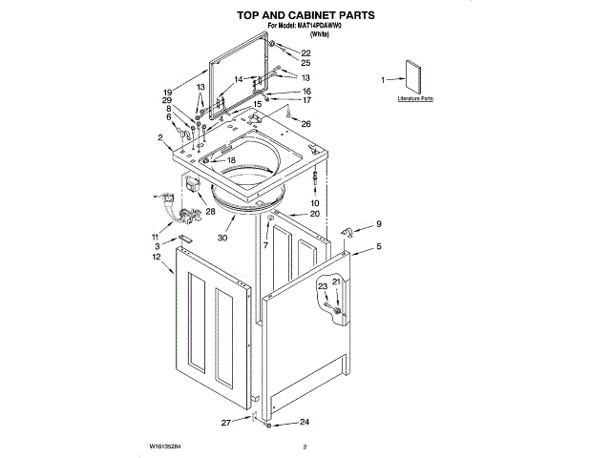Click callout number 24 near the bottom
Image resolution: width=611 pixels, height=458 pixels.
pyautogui.click(x=305, y=422)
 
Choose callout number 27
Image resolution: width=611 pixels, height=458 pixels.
pyautogui.click(x=226, y=422)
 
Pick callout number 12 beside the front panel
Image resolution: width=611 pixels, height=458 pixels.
pyautogui.click(x=156, y=258)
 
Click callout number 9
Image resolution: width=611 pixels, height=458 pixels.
pyautogui.click(x=378, y=224)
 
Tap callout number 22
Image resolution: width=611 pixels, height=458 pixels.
pyautogui.click(x=305, y=52)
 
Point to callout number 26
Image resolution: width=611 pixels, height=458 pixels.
pyautogui.click(x=305, y=124)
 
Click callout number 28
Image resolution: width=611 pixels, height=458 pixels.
pyautogui.click(x=210, y=211)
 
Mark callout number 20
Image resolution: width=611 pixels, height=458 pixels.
pyautogui.click(x=315, y=214)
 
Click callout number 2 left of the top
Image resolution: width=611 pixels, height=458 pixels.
pyautogui.click(x=160, y=138)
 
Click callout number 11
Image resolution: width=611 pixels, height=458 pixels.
pyautogui.click(x=156, y=236)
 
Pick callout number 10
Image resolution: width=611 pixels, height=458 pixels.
pyautogui.click(x=315, y=203)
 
